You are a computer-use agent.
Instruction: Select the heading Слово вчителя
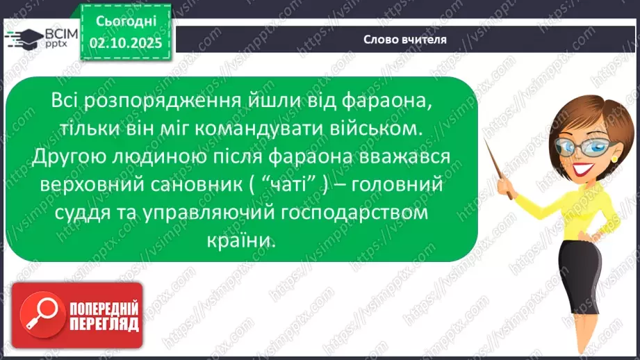tap(405, 40)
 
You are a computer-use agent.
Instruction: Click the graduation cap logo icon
tap(24, 37)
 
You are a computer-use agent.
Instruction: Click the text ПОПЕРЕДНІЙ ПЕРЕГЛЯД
tap(104, 316)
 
